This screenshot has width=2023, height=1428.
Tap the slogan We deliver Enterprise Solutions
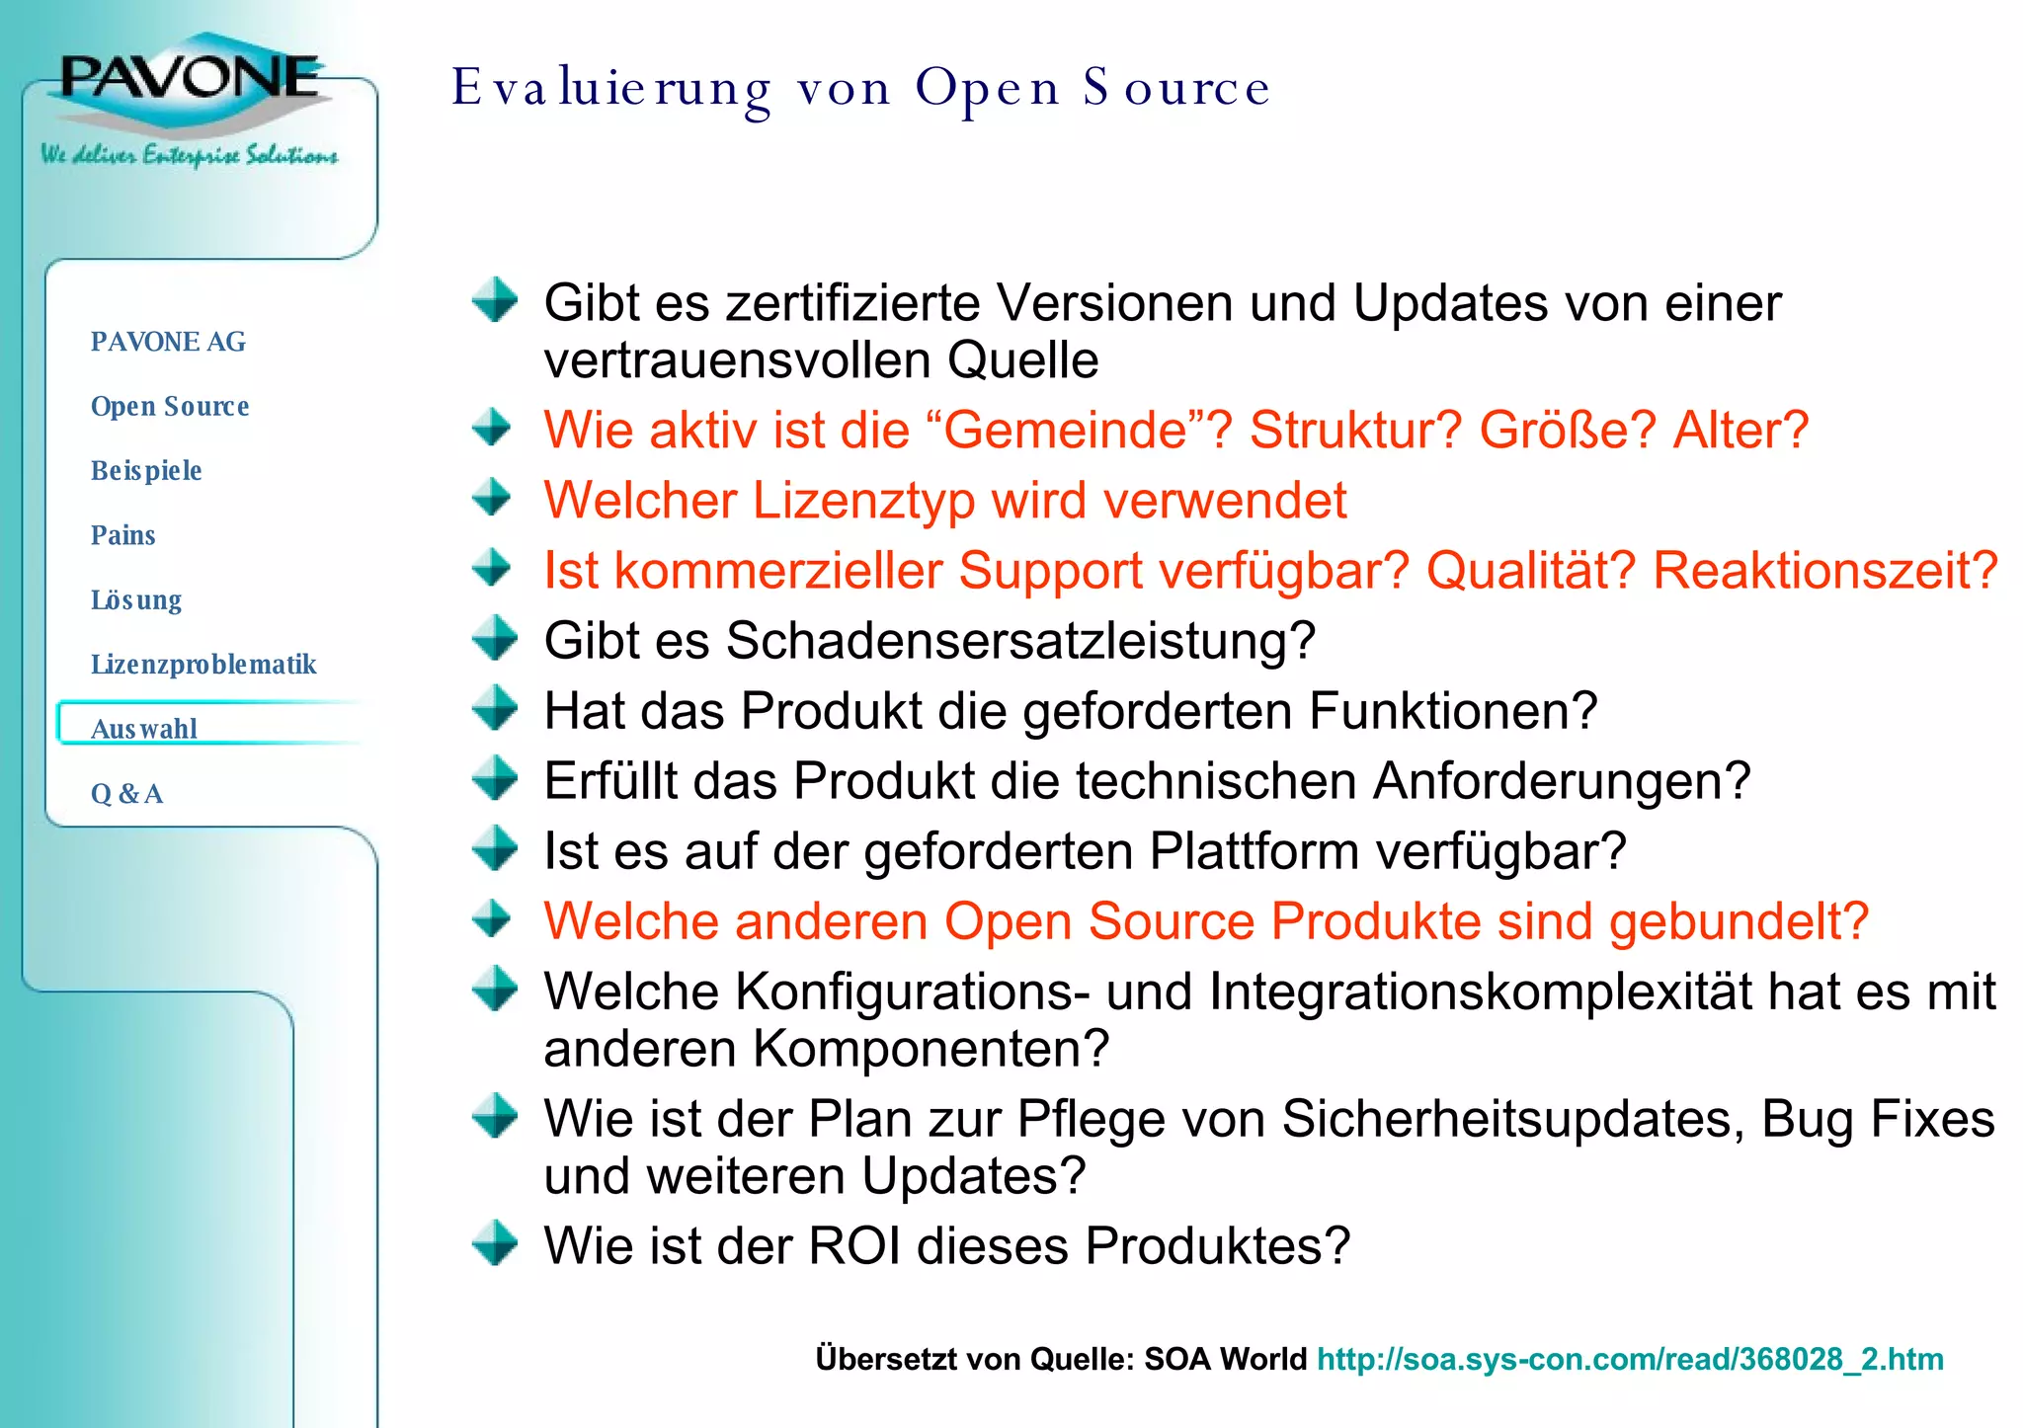coord(189,155)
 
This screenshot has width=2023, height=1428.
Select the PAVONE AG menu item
coord(168,342)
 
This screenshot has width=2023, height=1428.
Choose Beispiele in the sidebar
coord(146,470)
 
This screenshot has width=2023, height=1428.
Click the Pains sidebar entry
coord(123,535)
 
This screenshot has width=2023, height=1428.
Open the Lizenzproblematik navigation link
coord(203,664)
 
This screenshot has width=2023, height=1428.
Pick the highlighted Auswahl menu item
coord(144,728)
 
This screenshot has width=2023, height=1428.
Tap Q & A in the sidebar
coord(127,793)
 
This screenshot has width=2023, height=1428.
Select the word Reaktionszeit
coord(1823,571)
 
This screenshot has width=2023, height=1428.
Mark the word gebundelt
coord(1739,921)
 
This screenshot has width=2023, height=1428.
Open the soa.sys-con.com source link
coord(1630,1359)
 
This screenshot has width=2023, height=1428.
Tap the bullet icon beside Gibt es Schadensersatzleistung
coord(493,637)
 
